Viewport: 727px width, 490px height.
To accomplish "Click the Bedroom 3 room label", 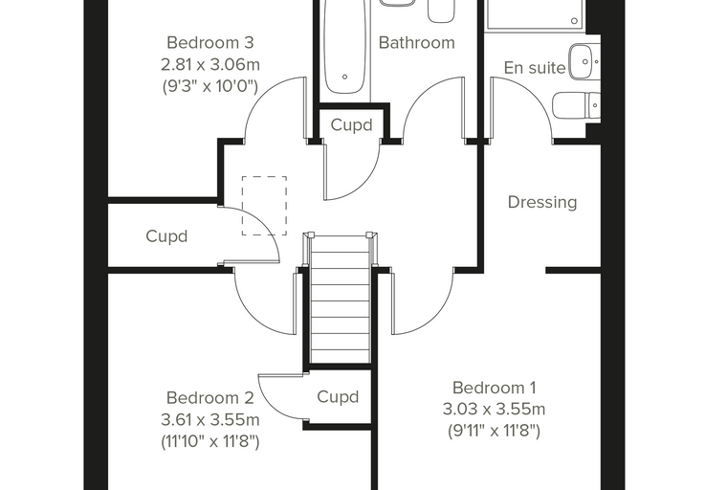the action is coord(210,43).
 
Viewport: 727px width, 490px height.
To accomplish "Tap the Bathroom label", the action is coord(416,43).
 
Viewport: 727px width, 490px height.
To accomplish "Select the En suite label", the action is coord(534,68).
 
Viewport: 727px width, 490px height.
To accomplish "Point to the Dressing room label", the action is coord(542,202).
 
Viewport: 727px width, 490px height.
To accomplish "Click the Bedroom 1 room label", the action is coord(495,388).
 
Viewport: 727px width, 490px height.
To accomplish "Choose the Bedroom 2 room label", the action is coord(210,398).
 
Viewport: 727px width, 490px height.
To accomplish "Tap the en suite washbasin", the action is coord(584,61).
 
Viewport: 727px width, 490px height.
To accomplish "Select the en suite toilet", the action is coord(577,105).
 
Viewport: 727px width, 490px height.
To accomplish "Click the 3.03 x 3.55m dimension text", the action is coord(495,410).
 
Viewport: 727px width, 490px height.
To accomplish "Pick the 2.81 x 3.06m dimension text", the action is coord(210,64).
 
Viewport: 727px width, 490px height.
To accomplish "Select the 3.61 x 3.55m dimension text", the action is coord(210,419).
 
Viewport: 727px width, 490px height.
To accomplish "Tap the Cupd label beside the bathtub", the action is coord(351,124).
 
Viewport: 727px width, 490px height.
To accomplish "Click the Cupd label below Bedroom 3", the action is coord(166,236).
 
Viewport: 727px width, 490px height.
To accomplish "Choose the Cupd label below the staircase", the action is coord(338,397).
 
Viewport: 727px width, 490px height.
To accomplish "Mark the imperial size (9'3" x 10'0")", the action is coord(210,86).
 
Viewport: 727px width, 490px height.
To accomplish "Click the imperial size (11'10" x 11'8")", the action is coord(210,441).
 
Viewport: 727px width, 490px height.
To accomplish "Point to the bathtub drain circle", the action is coord(345,77).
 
